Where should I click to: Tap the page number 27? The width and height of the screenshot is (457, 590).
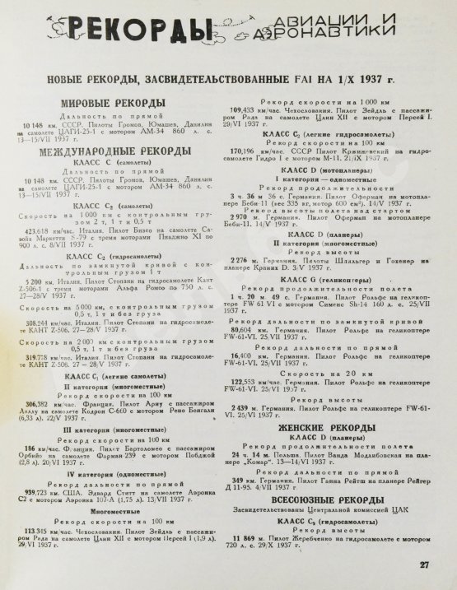coord(423,564)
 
